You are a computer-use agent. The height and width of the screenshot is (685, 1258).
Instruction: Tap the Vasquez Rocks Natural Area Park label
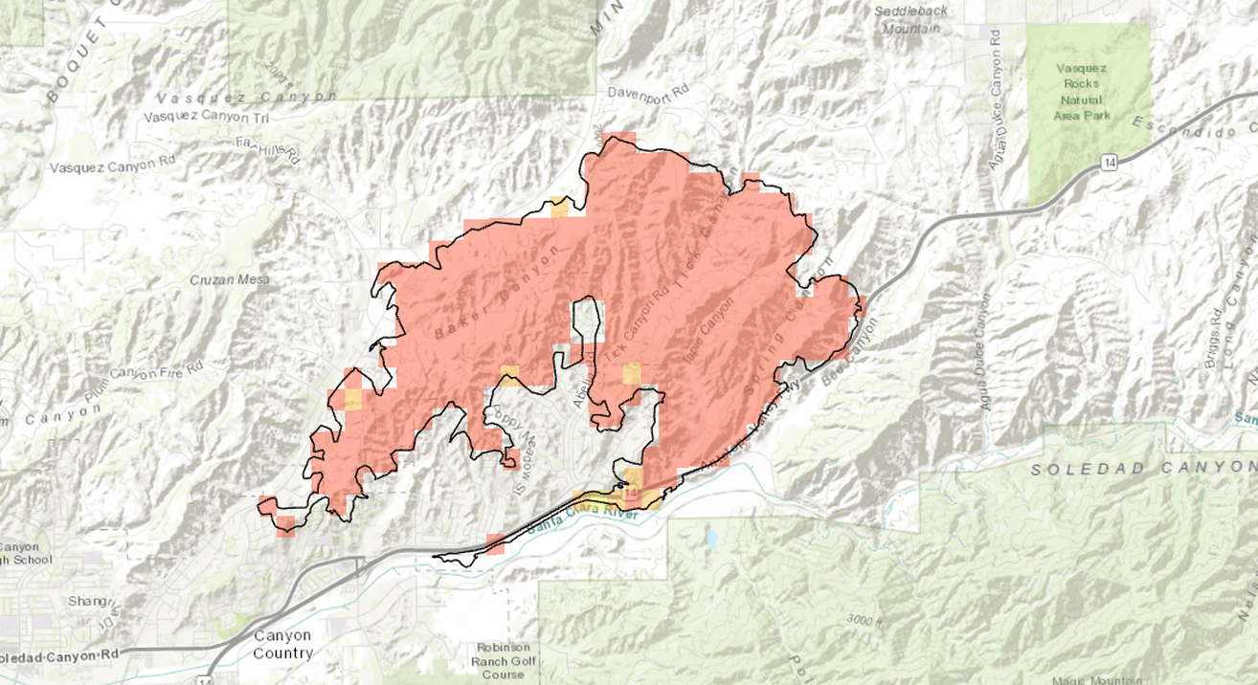1081,92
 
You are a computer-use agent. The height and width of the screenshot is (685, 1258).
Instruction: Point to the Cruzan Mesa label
230,279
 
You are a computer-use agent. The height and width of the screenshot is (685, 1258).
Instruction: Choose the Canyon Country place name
282,644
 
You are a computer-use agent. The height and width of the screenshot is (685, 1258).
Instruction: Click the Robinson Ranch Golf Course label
504,660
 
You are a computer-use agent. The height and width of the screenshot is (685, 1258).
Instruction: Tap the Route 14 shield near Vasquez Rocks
1108,164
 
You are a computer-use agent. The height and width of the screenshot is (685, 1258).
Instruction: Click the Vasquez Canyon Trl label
205,117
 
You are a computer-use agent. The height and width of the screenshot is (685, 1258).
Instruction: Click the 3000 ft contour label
865,620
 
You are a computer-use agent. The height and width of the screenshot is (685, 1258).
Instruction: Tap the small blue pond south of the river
710,539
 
